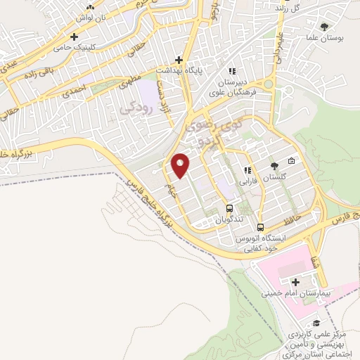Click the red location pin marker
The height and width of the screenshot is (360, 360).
[181, 165]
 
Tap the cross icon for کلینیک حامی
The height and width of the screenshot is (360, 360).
[73, 35]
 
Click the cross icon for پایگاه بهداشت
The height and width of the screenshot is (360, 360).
[179, 60]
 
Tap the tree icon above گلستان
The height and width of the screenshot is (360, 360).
[274, 167]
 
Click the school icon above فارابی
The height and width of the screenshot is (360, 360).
[247, 170]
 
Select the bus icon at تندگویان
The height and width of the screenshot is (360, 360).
[229, 208]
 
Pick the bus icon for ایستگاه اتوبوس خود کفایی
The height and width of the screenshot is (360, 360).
[260, 227]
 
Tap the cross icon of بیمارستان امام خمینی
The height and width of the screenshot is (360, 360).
[295, 282]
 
